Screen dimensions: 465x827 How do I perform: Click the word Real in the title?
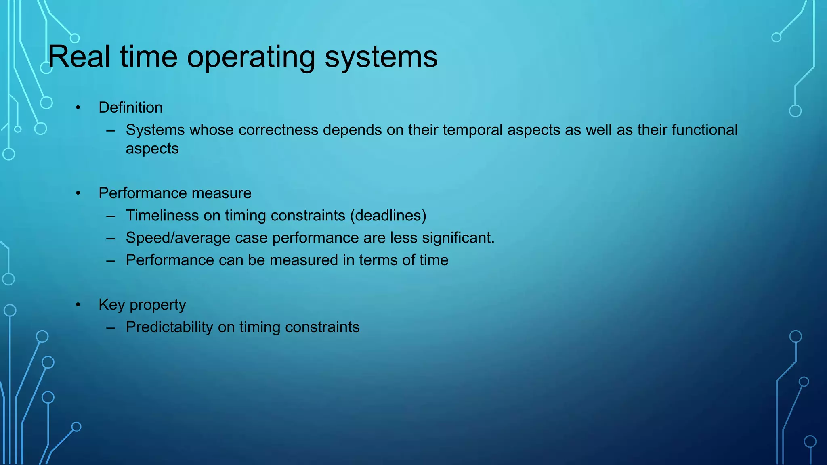pyautogui.click(x=79, y=57)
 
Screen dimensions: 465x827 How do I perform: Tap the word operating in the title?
pyautogui.click(x=251, y=57)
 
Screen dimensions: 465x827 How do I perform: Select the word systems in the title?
pyautogui.click(x=381, y=57)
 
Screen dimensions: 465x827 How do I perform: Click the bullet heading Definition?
pyautogui.click(x=130, y=108)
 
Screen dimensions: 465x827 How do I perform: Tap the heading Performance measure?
pyautogui.click(x=175, y=193)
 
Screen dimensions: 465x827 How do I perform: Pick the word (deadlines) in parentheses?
pyautogui.click(x=388, y=216)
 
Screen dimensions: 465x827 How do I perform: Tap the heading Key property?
pyautogui.click(x=142, y=305)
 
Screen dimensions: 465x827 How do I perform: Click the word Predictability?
pyautogui.click(x=169, y=327)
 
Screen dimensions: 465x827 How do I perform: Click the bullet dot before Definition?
pyautogui.click(x=78, y=108)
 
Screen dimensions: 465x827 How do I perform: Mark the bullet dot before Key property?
pyautogui.click(x=78, y=305)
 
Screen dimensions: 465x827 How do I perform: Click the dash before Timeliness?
pyautogui.click(x=111, y=216)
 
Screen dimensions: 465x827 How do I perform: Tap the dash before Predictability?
pyautogui.click(x=111, y=327)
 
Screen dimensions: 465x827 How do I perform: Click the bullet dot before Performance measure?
pyautogui.click(x=78, y=193)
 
